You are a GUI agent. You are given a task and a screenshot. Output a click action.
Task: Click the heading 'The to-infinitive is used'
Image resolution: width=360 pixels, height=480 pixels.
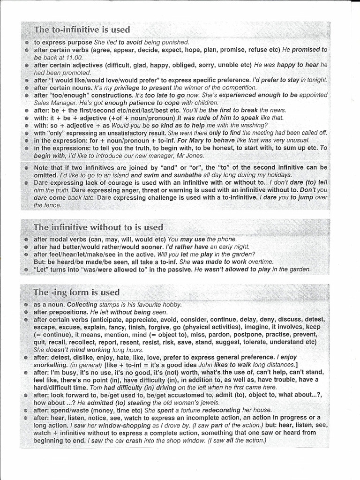click(82, 30)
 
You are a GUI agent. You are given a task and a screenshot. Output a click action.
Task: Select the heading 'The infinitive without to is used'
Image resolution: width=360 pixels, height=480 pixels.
click(98, 227)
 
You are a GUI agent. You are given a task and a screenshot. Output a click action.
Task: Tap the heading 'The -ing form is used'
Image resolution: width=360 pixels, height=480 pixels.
click(76, 292)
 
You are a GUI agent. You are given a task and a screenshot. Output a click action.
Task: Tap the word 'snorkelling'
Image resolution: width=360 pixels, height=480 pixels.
click(51, 365)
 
